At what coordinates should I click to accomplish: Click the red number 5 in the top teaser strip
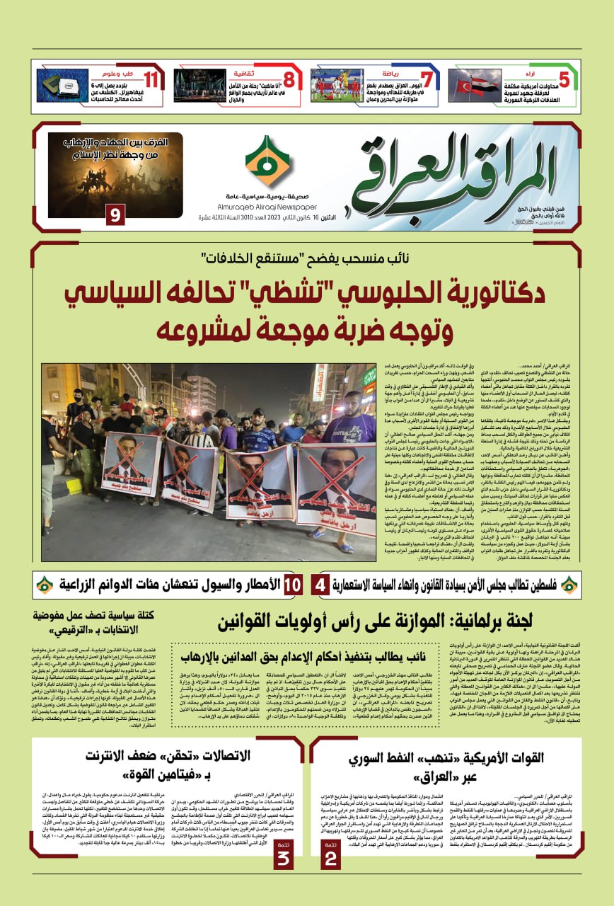[564, 79]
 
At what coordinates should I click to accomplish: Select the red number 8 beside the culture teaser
[289, 79]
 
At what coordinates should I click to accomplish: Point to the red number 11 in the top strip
[151, 79]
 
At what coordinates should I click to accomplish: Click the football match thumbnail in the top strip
[336, 86]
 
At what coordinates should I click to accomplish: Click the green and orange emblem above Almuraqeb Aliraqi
[267, 161]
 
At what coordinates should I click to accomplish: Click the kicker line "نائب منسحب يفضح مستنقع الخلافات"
[307, 257]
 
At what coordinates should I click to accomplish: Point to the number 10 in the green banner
[292, 585]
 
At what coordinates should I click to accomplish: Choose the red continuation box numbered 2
[330, 853]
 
